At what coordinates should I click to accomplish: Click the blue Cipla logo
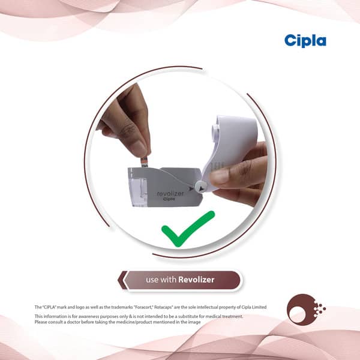pos(305,41)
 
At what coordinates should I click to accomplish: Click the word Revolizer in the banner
pos(196,280)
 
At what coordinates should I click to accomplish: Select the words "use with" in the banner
pos(161,280)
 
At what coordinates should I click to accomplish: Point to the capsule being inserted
pos(144,163)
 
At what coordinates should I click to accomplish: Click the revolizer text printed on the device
pos(170,194)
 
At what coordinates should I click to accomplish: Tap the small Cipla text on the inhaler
pos(169,199)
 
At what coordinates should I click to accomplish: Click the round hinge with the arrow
pos(200,187)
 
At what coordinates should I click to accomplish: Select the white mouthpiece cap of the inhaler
pos(232,147)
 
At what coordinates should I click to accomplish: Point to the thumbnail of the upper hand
pos(139,148)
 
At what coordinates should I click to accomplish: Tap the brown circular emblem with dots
pos(306,310)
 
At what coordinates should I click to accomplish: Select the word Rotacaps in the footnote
pos(163,307)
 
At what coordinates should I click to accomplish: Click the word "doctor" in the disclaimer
pos(73,322)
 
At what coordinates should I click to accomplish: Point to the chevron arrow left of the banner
pos(122,280)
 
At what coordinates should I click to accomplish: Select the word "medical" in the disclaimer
pos(214,316)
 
